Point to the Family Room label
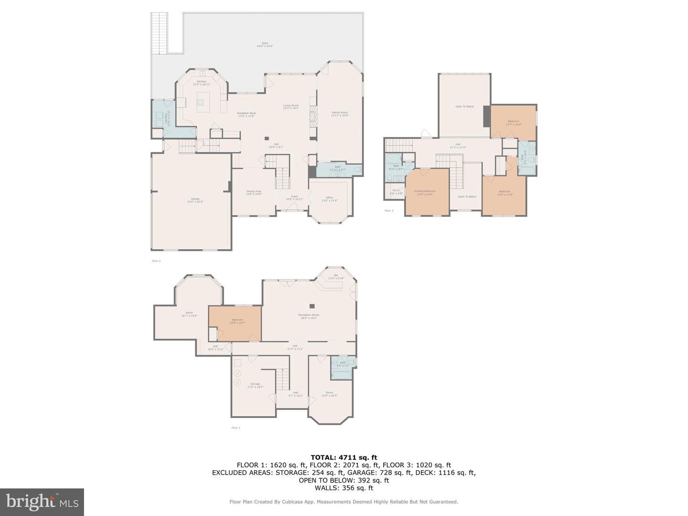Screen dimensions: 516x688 (x=340, y=113)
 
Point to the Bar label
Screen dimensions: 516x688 (x=336, y=276)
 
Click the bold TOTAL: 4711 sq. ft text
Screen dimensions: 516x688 (x=344, y=457)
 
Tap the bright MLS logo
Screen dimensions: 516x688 (x=42, y=502)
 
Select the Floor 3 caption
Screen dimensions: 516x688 (x=389, y=211)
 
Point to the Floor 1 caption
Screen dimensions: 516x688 (x=236, y=428)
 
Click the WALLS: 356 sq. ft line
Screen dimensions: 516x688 (x=344, y=488)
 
